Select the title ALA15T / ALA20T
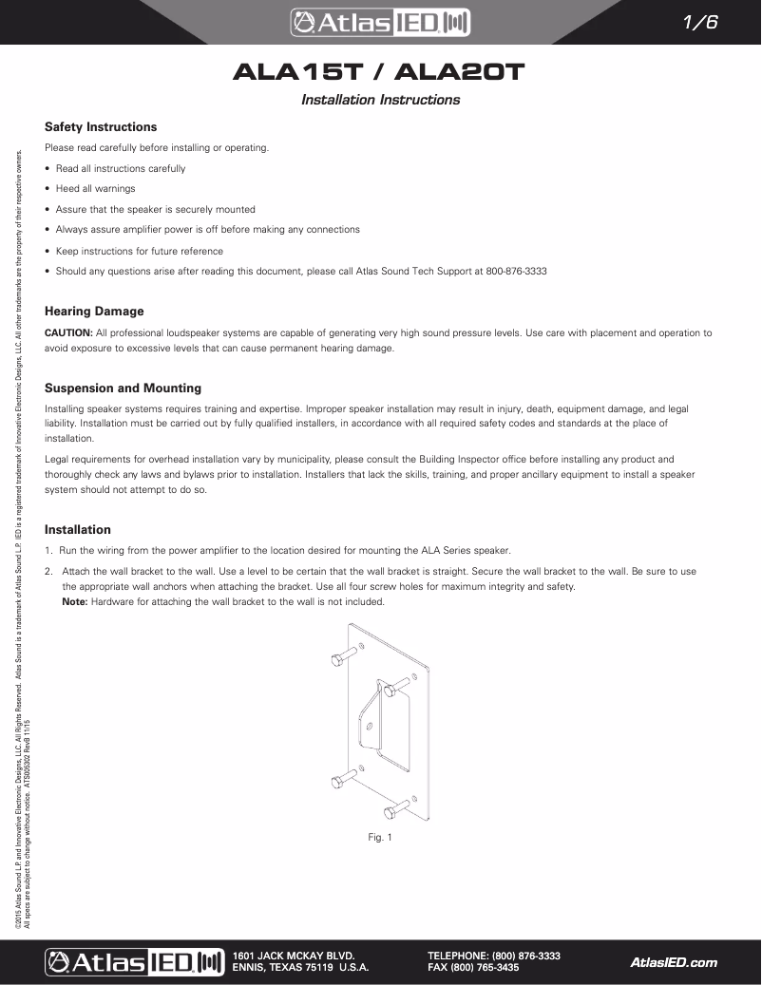coord(380,73)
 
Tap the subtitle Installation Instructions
coord(380,100)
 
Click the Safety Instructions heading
coord(101,126)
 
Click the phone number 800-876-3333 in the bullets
coord(516,272)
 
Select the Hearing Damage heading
coord(94,311)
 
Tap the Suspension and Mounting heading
coord(123,388)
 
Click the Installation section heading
coord(78,529)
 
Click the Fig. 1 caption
coord(380,837)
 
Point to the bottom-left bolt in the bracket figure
coord(342,782)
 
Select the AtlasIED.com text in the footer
coord(674,962)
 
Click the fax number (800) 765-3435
coord(473,968)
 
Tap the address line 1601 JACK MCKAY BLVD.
coord(294,955)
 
